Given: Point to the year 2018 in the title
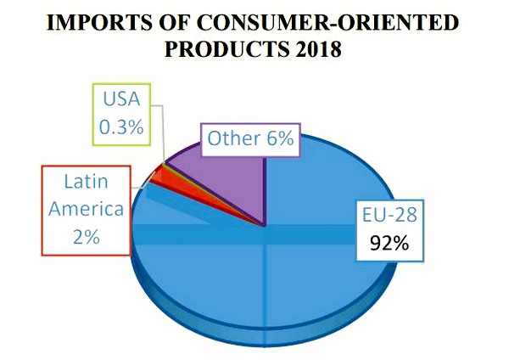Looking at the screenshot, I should (x=316, y=50).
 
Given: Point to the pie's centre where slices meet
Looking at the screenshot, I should (x=266, y=226).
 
